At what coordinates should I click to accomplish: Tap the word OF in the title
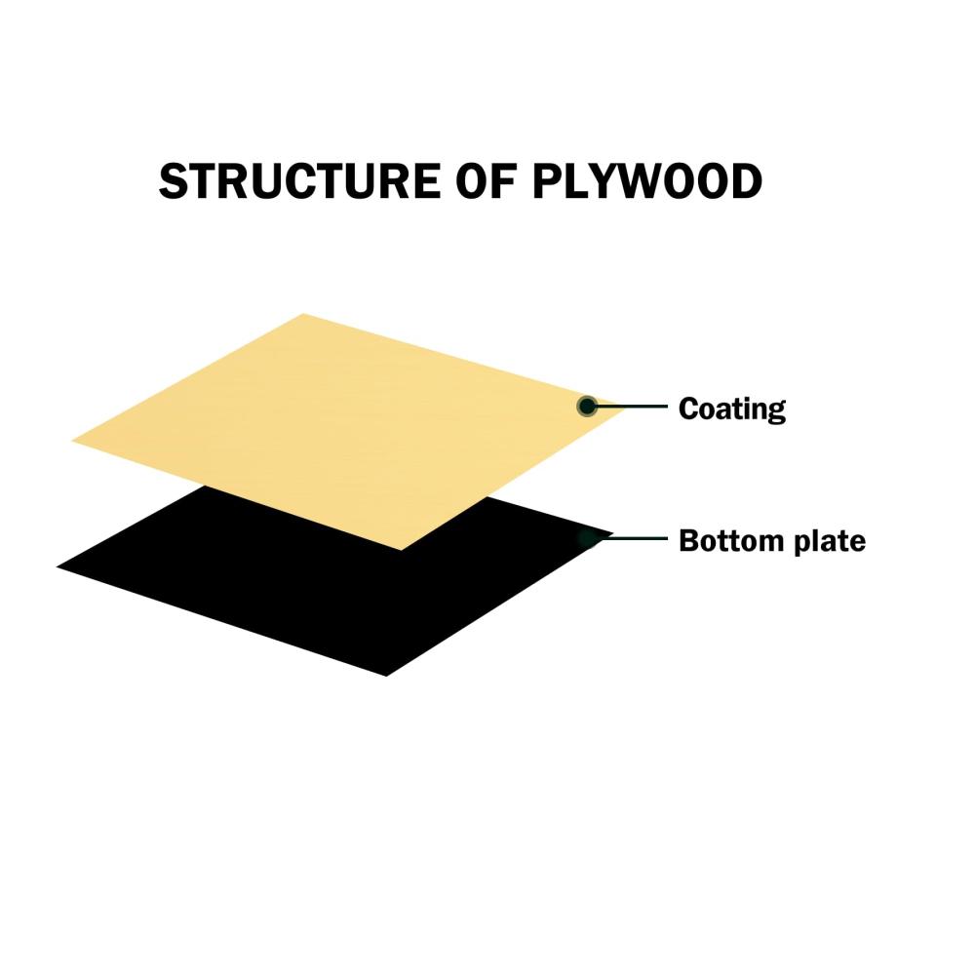click(486, 181)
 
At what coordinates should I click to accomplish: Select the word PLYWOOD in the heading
click(647, 181)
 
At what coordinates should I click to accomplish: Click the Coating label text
click(732, 409)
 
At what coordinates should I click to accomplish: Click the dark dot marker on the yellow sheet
click(586, 407)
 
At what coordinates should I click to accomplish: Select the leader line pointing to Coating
click(627, 406)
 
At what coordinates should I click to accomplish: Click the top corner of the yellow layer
click(303, 314)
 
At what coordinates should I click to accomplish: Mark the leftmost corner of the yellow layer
click(72, 441)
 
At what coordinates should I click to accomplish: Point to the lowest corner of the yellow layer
click(401, 550)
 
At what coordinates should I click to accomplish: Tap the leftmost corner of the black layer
click(57, 566)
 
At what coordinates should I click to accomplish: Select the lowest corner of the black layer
click(386, 676)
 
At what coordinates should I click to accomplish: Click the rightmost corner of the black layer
click(613, 533)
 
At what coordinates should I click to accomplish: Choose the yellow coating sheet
click(348, 429)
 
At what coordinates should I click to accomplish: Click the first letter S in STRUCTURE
click(175, 181)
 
